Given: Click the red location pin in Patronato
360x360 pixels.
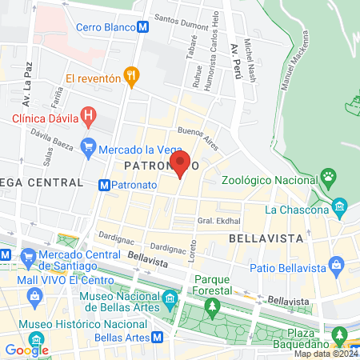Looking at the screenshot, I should coord(180,163).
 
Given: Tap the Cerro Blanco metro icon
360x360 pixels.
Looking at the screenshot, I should coord(142,26).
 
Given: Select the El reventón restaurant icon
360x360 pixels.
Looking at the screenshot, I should coord(132,78).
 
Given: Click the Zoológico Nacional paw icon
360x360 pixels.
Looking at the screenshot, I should coord(328,175).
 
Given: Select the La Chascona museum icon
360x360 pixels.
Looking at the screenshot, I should coord(339,210).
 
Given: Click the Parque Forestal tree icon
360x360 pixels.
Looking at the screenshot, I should coord(212,305).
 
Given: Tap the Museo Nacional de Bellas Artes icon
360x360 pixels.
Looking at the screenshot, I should coord(170,299).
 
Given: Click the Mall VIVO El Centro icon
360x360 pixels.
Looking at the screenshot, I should coord(34,298).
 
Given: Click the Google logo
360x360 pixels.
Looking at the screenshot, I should coord(26,350).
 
